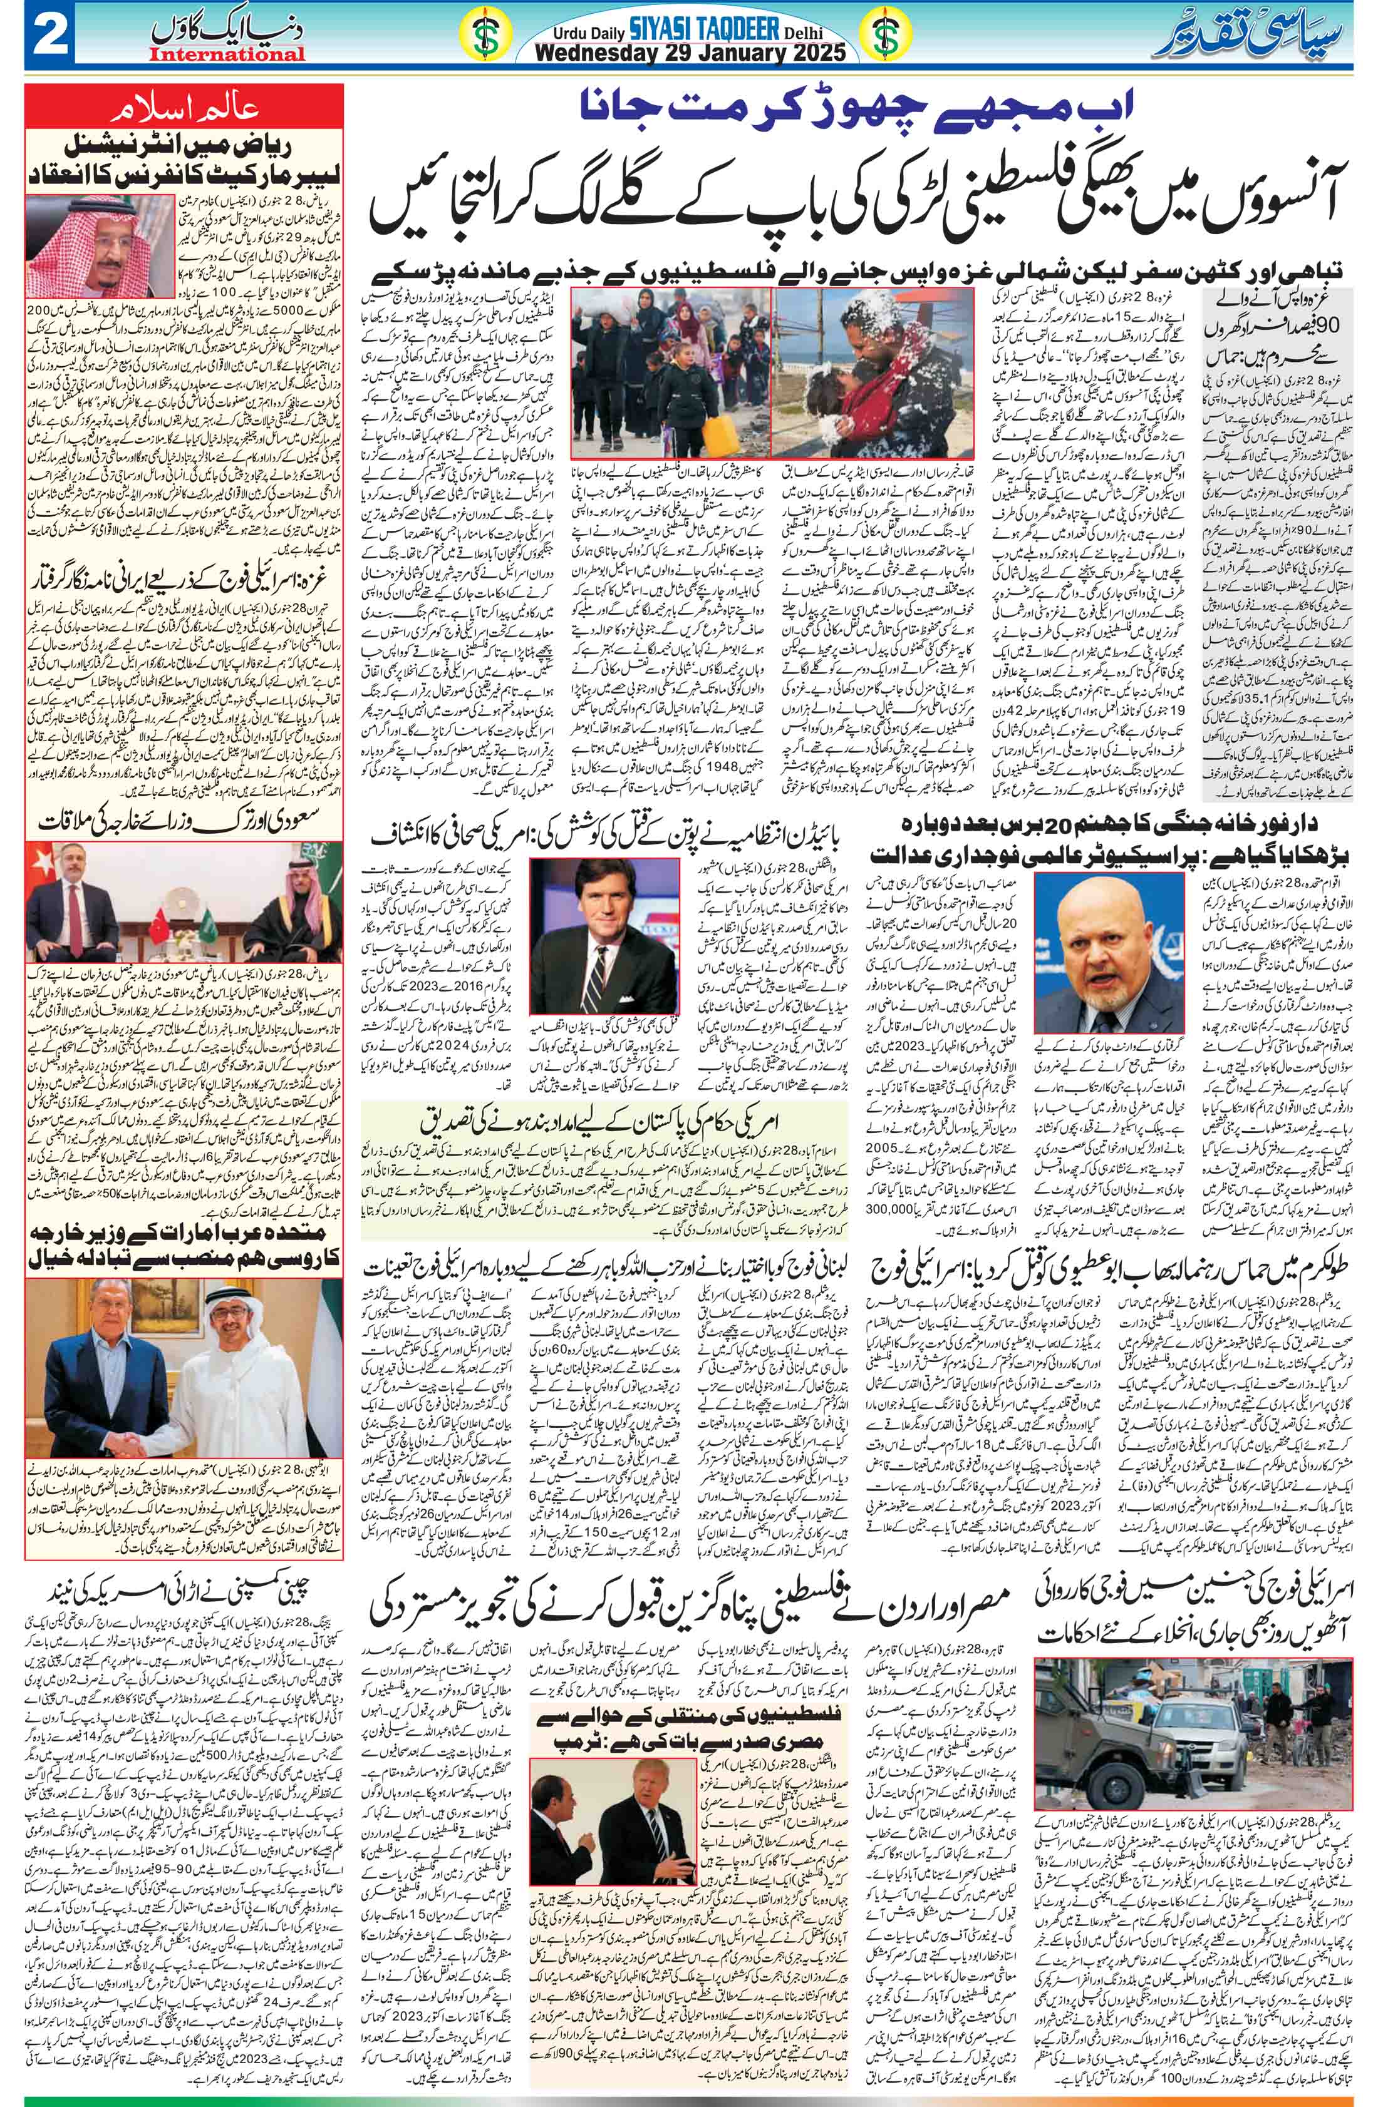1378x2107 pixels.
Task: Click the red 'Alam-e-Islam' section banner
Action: point(184,111)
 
